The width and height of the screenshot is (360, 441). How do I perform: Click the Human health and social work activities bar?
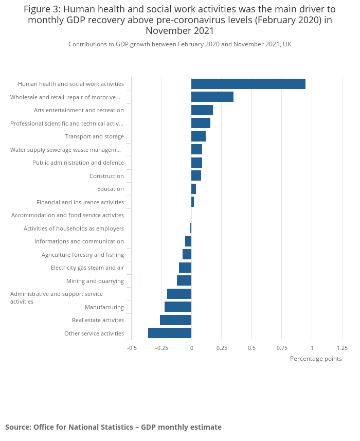point(248,84)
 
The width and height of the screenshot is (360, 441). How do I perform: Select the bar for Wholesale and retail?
point(212,97)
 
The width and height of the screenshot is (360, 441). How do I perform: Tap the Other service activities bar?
point(170,333)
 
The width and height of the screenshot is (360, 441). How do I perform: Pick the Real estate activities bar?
point(175,320)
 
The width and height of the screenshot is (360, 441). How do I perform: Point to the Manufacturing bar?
point(178,307)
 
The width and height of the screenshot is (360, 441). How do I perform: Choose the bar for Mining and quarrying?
point(184,280)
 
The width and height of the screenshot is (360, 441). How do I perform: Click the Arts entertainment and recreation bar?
point(202,110)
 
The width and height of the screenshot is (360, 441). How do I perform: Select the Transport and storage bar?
point(198,136)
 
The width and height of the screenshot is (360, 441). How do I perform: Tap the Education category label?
point(110,189)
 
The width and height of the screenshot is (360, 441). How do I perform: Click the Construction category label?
point(106,176)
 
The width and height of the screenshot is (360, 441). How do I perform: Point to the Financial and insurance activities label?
point(80,202)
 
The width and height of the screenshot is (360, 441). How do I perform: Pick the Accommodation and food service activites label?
point(67,215)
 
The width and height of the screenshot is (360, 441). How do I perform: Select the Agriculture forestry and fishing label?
point(83,255)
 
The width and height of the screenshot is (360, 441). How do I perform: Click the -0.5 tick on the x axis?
point(132,348)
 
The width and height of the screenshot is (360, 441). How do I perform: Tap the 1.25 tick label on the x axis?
point(342,348)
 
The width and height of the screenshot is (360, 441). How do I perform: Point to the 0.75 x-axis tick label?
point(281,348)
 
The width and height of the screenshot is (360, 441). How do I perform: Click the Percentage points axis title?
point(316,359)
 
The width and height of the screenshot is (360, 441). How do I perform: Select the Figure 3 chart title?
point(179,20)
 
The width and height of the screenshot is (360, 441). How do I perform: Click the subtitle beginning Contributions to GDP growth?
point(179,44)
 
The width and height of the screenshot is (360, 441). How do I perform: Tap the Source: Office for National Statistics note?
point(113,427)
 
